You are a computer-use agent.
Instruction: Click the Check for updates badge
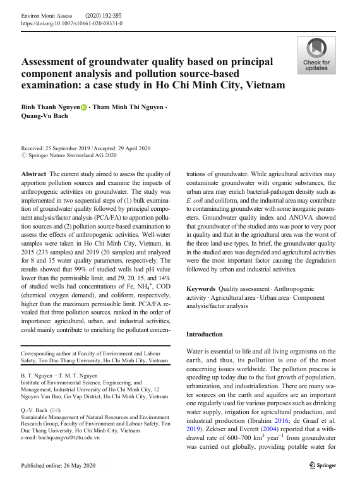coord(316,55)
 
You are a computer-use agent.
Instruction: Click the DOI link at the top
coord(72,23)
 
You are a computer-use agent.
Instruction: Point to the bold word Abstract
coord(33,173)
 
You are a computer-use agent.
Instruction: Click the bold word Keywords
coord(201,289)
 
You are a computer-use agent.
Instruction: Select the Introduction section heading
coord(205,334)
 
